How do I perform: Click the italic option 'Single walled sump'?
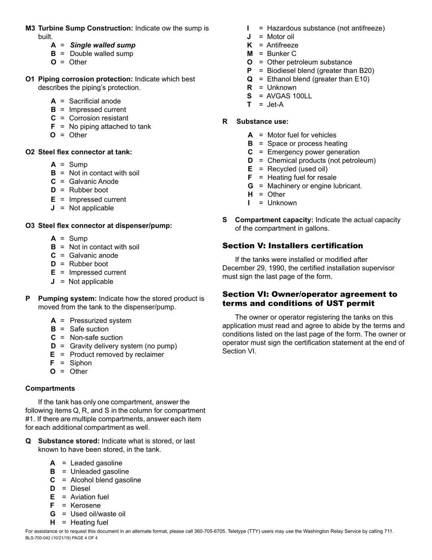coord(102,45)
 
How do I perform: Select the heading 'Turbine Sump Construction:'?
coord(85,28)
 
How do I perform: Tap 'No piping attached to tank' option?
coord(110,127)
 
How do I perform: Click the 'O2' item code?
coord(30,152)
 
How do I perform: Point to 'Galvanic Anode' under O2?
coord(94,182)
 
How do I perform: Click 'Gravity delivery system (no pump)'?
coord(123,346)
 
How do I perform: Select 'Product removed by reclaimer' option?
coord(117,355)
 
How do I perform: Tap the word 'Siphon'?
coord(81,363)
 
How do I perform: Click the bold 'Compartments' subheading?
coord(50,388)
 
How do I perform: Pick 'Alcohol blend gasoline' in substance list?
coord(105,480)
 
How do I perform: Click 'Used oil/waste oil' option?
coord(98,514)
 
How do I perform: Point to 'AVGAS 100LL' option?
coord(289,96)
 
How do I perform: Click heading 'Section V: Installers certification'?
coord(292,246)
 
